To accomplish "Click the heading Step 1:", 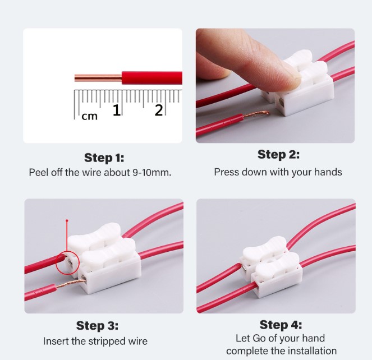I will click(x=104, y=158).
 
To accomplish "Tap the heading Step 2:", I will click(x=278, y=154).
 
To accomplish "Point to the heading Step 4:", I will click(x=281, y=325).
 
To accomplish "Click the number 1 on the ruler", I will click(x=117, y=110).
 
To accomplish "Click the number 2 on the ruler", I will click(x=159, y=110).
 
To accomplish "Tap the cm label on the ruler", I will click(x=90, y=116).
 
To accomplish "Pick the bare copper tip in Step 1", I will click(x=98, y=77).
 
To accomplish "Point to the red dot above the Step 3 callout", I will click(x=67, y=221).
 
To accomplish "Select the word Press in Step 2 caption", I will click(x=227, y=172).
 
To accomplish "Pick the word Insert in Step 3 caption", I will click(x=56, y=341).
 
